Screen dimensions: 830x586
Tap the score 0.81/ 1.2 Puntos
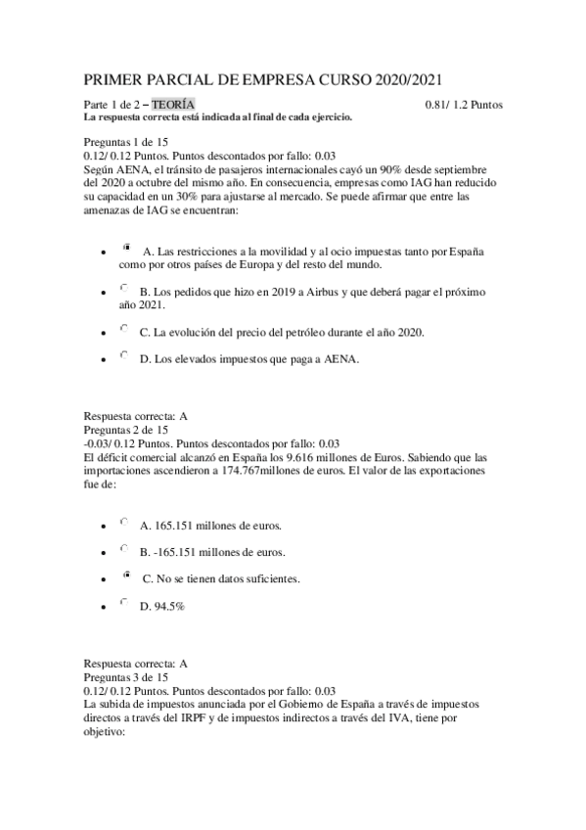[x=464, y=104]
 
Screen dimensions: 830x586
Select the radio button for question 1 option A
[x=126, y=250]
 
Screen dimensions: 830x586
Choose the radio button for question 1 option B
[x=123, y=289]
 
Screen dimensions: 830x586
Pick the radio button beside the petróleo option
[x=123, y=330]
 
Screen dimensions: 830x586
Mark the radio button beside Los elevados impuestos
[x=123, y=358]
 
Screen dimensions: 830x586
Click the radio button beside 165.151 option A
[x=123, y=523]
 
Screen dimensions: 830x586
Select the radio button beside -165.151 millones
[x=123, y=550]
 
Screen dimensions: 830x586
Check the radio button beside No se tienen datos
[x=126, y=577]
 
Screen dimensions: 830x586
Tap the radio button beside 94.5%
[x=123, y=605]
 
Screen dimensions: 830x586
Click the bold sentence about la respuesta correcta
[x=218, y=117]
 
